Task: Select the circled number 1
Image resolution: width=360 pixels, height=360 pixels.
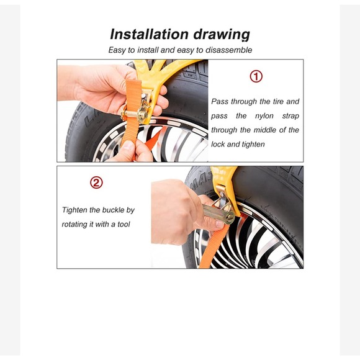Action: [x=256, y=76]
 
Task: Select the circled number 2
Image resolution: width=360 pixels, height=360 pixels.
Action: [x=96, y=182]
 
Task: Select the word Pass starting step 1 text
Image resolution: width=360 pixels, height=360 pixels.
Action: [x=220, y=101]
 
